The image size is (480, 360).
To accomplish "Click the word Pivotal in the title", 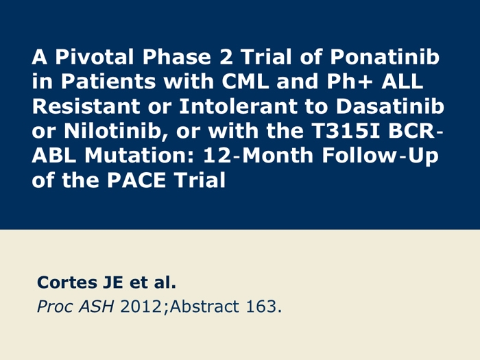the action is [x=95, y=57].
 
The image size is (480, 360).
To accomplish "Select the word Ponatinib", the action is [x=385, y=57].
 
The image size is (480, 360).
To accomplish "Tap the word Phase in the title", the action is [x=177, y=57].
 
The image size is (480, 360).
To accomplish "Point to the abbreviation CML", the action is [x=245, y=82].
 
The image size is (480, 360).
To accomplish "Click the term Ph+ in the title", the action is [x=350, y=82].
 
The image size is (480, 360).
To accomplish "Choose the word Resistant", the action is [x=86, y=106].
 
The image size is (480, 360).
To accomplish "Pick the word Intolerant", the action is [x=238, y=106].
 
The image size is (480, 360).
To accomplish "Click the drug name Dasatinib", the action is [x=389, y=106].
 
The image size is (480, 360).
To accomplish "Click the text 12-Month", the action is [x=258, y=155].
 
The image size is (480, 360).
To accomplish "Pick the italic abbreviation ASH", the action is [x=97, y=307].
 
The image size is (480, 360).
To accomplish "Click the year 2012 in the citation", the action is [x=141, y=307].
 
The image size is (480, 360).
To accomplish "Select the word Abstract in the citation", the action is [x=204, y=307].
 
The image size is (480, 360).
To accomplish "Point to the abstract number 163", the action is [x=261, y=307].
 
